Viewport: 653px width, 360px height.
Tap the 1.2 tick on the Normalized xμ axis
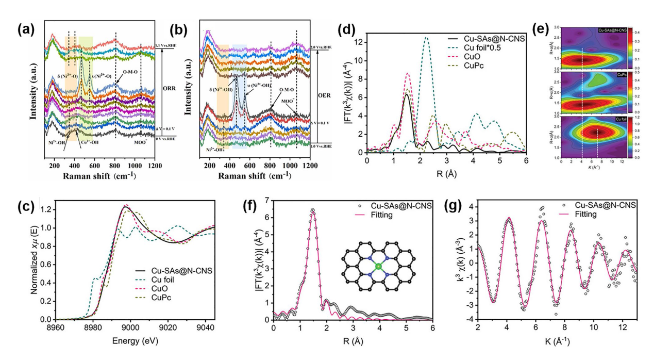(47, 210)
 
